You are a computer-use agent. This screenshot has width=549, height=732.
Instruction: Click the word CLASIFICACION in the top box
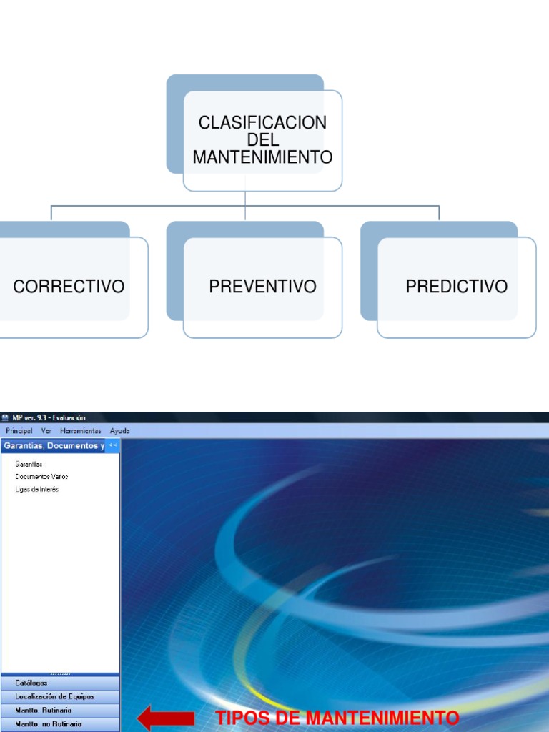point(262,122)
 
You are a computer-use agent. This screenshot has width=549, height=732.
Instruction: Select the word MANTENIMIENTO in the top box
point(262,157)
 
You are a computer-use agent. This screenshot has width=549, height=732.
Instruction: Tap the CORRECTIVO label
point(69,287)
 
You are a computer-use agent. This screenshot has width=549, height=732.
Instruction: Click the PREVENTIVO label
point(262,287)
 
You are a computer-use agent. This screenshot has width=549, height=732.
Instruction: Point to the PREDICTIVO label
point(457,287)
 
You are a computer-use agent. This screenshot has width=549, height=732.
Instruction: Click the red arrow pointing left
point(165,718)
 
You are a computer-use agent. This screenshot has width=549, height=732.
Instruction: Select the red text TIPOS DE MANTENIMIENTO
point(337,718)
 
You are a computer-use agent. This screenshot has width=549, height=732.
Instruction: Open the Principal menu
point(19,431)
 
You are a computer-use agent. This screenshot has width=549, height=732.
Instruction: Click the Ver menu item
point(46,431)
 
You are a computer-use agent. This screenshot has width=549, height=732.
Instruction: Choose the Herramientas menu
point(81,431)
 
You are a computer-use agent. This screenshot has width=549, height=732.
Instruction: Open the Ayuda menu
point(120,431)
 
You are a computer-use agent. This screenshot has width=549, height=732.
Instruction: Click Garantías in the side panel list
point(29,464)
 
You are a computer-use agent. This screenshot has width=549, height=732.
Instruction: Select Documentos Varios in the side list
point(41,476)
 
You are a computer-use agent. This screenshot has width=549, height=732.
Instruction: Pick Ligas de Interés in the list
point(36,489)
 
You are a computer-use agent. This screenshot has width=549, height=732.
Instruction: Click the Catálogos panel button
point(31,683)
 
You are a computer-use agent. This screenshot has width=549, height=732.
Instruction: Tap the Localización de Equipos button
point(54,696)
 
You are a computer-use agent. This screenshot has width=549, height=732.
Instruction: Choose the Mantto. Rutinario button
point(44,711)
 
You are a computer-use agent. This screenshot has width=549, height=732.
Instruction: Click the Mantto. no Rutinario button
point(49,724)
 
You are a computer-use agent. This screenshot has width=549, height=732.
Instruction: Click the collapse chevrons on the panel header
point(113,445)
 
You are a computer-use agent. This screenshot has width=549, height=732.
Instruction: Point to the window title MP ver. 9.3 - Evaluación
point(49,417)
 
